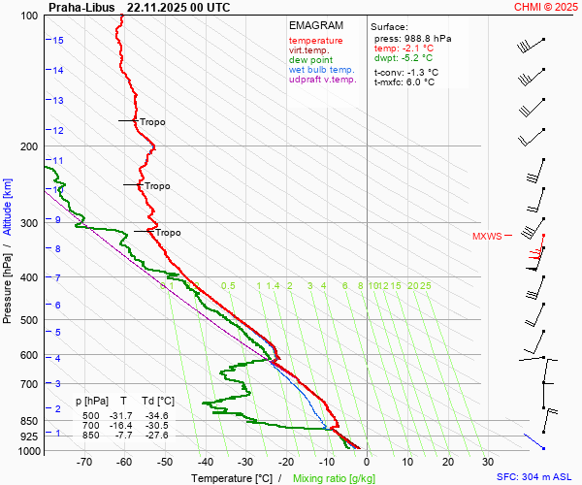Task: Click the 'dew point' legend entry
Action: point(310,60)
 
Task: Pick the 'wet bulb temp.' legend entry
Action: point(322,70)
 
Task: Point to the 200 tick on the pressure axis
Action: point(29,146)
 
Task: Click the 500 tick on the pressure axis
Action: point(29,320)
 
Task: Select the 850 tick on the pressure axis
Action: point(29,421)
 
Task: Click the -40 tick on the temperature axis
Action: point(205,463)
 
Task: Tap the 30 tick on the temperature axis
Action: point(488,463)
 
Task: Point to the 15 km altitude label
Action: point(58,40)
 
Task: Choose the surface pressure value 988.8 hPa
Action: point(420,38)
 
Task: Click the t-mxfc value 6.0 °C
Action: point(420,81)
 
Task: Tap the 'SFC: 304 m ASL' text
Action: point(536,478)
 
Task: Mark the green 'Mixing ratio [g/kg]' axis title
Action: point(334,478)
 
